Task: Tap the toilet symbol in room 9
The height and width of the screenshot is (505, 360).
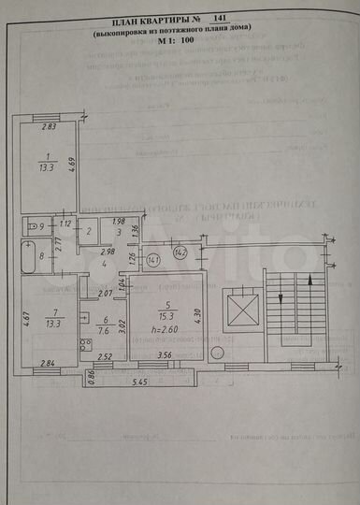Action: pos(33,226)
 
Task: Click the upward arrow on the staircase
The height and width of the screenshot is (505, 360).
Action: pos(310,280)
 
